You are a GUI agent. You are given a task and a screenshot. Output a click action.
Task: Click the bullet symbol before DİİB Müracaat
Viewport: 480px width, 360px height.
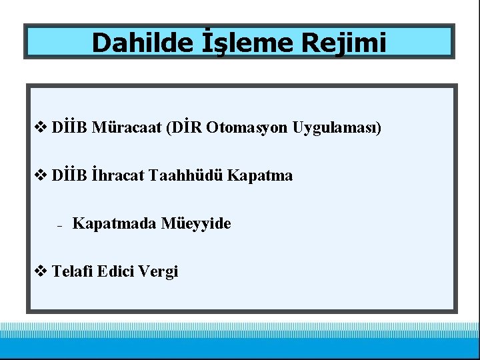tap(39, 127)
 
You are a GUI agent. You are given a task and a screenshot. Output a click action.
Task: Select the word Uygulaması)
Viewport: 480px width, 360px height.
tap(337, 127)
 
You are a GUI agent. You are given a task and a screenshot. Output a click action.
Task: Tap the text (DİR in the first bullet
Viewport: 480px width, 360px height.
tap(183, 127)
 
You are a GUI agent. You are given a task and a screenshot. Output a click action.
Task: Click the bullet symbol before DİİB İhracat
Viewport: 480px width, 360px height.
tap(39, 175)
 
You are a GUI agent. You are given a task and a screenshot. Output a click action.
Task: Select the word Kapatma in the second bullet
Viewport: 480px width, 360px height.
tap(260, 175)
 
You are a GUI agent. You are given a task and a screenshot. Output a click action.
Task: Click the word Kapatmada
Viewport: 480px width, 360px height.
tap(114, 223)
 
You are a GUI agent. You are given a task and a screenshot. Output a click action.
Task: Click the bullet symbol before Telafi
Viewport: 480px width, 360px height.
tap(39, 271)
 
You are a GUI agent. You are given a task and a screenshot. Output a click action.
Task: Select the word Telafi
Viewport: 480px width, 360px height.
tap(72, 271)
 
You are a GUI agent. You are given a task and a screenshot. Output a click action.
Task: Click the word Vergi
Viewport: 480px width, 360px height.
tap(160, 271)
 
